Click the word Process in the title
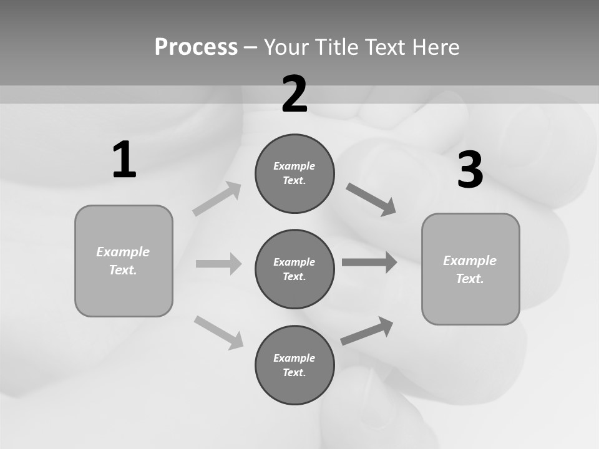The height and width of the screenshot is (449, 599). point(196,47)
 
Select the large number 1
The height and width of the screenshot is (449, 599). point(124,160)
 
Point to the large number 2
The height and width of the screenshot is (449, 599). point(295,94)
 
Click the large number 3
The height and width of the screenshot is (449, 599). point(470,170)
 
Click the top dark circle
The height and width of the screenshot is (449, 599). point(295,173)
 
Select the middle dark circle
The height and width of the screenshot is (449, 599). point(295,269)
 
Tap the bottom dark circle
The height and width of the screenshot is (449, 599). point(295,365)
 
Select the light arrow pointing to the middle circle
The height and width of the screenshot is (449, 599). point(218,264)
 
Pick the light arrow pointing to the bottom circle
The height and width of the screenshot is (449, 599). point(218,332)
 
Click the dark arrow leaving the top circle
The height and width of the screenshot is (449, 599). point(371,200)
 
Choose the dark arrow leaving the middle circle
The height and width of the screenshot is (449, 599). point(369,262)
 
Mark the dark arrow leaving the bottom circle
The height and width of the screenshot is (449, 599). point(367,331)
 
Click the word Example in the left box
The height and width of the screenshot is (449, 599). point(123,252)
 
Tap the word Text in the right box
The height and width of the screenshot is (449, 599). point(469,279)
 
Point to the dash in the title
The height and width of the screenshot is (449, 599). point(250,47)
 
